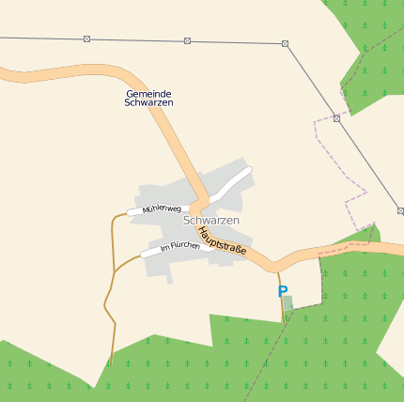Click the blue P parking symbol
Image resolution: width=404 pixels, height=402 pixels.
coord(282,292)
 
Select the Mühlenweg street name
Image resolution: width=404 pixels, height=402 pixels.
coord(161,209)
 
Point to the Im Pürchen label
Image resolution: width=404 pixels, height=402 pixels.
coord(179,247)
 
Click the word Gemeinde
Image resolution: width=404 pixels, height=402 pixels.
coord(148,94)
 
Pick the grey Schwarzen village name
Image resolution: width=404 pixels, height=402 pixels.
coord(211,220)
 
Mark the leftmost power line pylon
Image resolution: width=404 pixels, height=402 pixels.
coord(87,39)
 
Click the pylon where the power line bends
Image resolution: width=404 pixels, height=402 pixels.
coord(285,43)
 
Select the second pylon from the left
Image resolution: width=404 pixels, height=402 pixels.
coord(187,40)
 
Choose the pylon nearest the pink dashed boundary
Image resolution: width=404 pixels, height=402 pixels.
coord(336,118)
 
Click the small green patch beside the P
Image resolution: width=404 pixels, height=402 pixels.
coord(288,301)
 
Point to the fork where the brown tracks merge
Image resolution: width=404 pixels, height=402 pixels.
coord(114,271)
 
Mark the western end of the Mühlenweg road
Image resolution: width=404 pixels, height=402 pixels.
coord(130,213)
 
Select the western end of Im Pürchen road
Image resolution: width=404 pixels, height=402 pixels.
coord(143,255)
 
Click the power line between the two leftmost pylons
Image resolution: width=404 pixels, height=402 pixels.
coord(137,39)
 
